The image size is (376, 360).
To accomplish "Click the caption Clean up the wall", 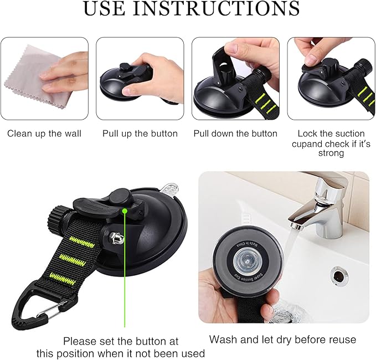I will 44,133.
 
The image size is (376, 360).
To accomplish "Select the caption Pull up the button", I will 140,133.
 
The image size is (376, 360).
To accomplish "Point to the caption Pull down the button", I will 235,133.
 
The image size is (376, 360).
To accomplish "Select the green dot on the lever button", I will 126,210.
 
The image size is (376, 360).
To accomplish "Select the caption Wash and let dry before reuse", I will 282,340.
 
